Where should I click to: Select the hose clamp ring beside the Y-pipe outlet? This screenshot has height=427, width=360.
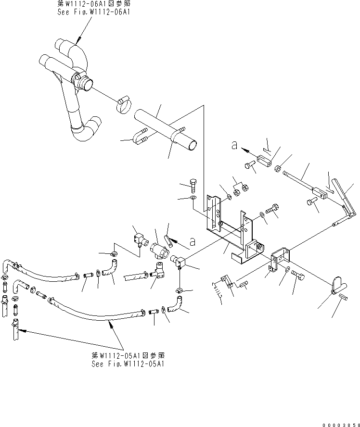(x=125, y=105)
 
